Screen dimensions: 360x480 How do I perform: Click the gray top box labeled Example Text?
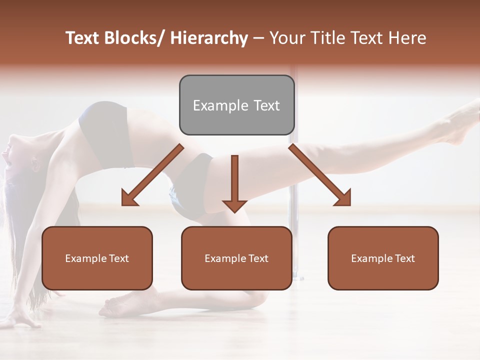236,105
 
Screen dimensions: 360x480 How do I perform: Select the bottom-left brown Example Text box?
97,258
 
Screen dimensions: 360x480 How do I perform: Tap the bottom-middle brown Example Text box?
236,258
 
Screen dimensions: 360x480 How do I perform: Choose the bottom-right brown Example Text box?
383,258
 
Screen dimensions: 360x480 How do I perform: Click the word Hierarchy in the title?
209,38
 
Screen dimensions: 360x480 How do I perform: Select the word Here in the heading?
407,38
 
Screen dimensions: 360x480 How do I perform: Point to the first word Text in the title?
84,38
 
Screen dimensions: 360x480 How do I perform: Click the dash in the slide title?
258,38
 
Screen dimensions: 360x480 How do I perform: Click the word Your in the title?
285,38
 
